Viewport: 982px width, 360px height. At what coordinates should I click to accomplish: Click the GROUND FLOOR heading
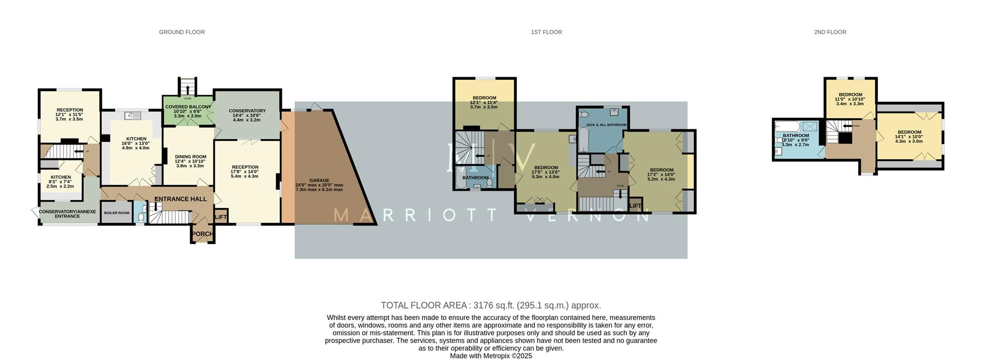coord(182,32)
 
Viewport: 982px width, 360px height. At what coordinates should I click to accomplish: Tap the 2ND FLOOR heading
coord(830,32)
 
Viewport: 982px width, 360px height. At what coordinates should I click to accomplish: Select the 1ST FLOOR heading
coord(546,32)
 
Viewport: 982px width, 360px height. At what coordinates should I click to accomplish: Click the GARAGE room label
coord(319,181)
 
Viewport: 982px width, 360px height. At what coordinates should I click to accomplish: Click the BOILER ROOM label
coord(117,213)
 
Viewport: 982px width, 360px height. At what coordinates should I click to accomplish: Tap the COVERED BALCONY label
coord(188,107)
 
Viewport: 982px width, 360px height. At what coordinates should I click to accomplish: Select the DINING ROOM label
coord(190,157)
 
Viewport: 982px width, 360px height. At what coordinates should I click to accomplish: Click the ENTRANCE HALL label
coord(181,199)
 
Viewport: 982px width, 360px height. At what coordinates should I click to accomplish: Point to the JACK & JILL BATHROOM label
coord(606,125)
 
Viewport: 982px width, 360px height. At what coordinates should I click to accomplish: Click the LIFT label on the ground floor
coord(220,217)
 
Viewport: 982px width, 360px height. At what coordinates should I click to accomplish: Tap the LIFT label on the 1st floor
coord(635,206)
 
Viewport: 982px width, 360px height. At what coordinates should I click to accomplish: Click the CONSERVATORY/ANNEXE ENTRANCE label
coord(67,214)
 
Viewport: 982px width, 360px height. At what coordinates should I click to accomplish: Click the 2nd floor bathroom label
coord(795,136)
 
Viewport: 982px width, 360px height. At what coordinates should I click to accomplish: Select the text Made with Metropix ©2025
coord(490,356)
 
